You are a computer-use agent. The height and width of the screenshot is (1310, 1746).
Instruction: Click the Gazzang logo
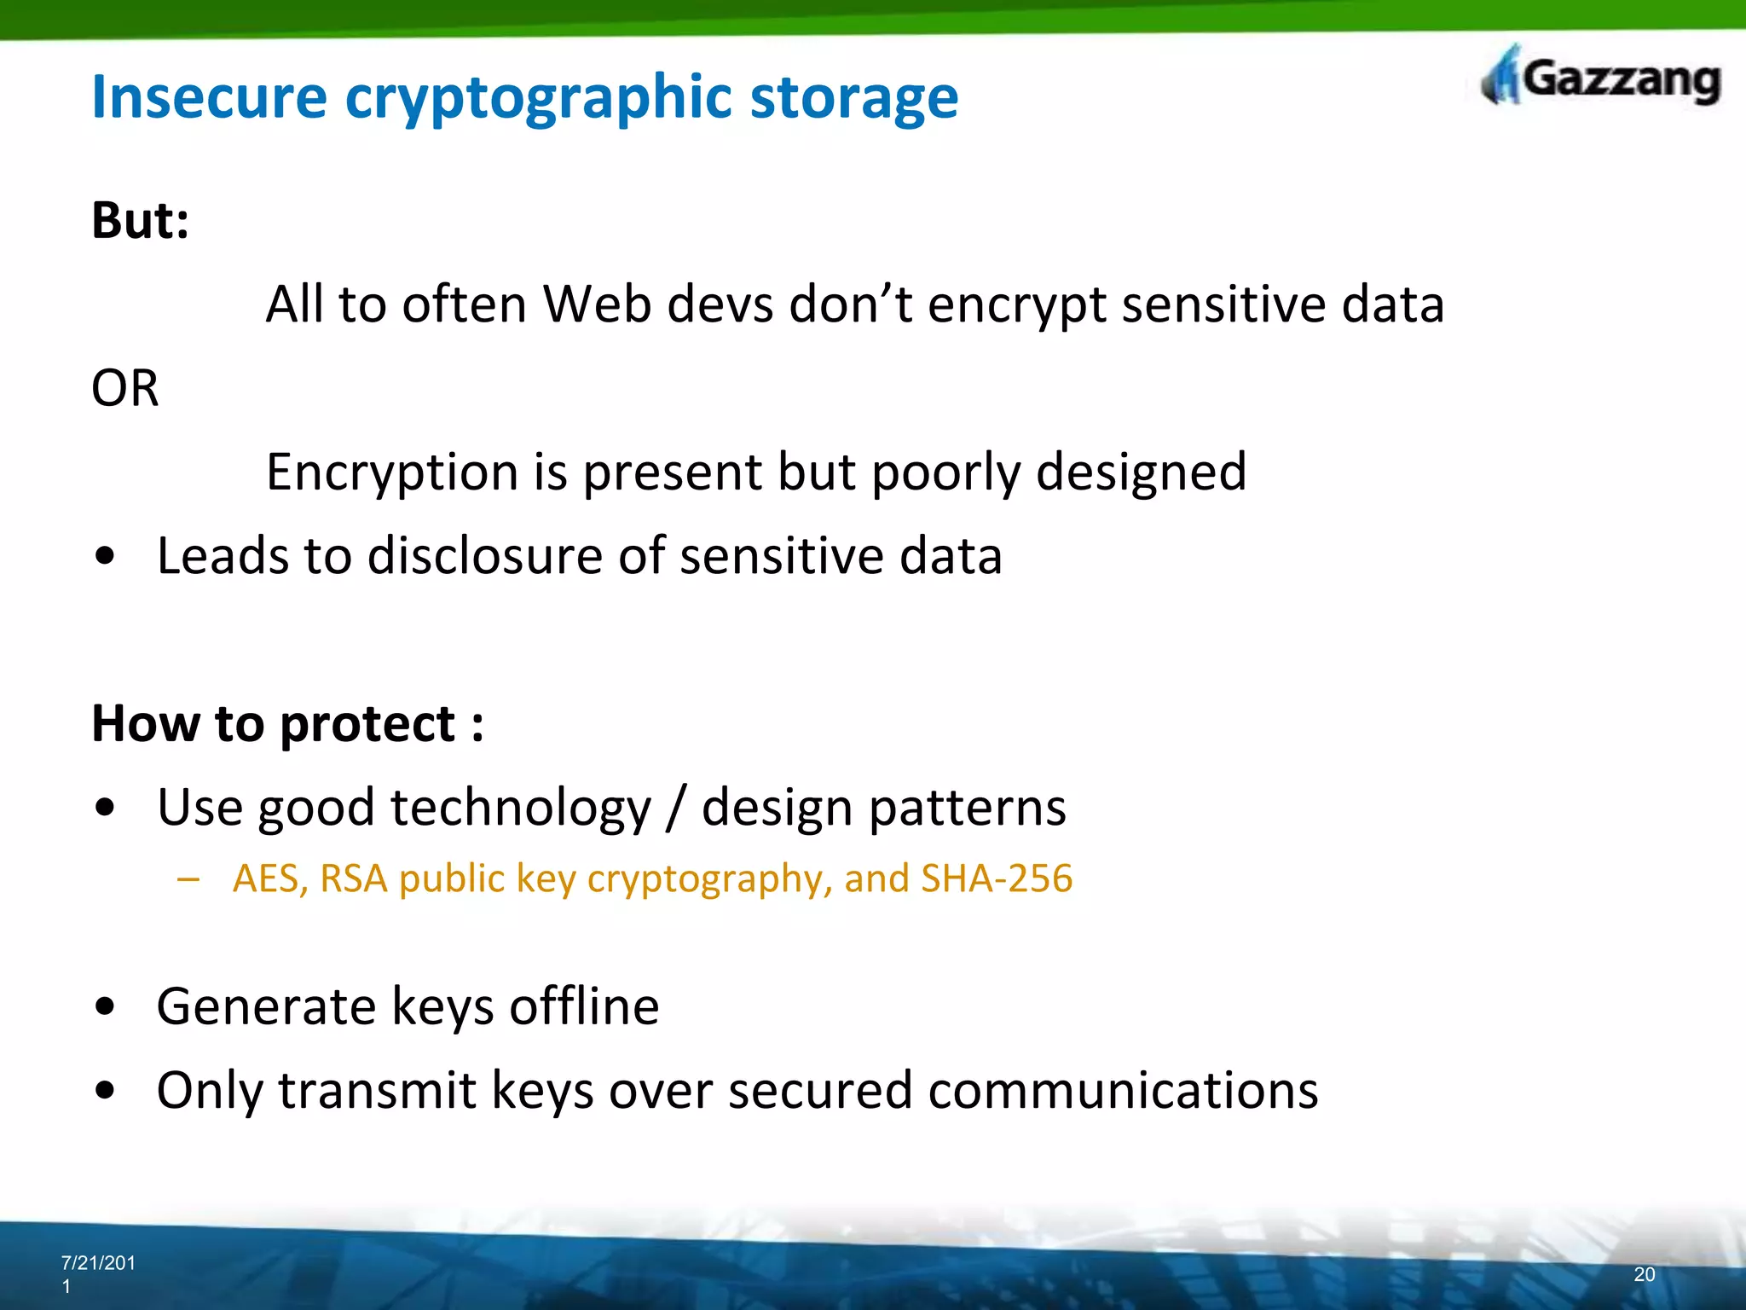click(x=1601, y=78)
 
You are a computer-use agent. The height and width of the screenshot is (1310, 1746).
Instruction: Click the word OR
click(x=125, y=389)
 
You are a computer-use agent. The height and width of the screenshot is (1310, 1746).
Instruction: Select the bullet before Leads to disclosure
click(x=105, y=557)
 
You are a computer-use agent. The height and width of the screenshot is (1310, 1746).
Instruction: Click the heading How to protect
click(x=286, y=724)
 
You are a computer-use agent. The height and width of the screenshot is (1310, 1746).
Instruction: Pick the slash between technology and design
click(x=675, y=808)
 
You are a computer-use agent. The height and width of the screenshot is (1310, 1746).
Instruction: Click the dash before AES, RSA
click(x=188, y=879)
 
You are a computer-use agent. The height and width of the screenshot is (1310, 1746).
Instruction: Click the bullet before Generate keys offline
click(x=105, y=1007)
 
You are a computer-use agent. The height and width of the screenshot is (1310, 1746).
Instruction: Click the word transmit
click(x=377, y=1091)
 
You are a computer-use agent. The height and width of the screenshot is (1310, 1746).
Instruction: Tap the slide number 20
click(x=1645, y=1274)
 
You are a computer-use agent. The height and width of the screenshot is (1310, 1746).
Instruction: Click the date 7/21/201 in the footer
click(x=98, y=1263)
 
